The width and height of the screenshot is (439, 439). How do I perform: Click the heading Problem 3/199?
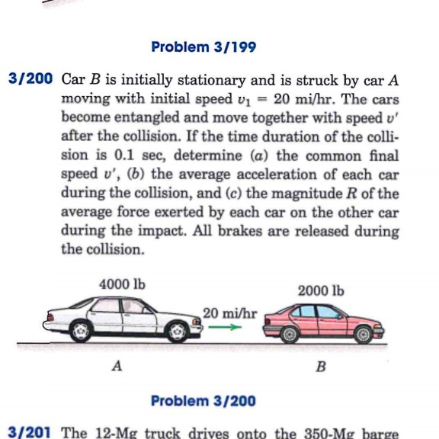(x=203, y=47)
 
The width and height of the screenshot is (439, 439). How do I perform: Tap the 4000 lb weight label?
(x=122, y=284)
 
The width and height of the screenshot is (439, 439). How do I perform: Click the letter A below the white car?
(x=117, y=367)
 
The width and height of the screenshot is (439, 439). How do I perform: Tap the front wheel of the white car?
(x=178, y=332)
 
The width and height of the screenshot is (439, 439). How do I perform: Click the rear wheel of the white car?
(x=79, y=332)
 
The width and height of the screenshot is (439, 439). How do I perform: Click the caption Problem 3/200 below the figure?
(x=203, y=401)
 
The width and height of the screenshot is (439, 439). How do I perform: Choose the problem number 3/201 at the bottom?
(x=28, y=433)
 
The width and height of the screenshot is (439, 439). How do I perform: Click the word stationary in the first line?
(x=194, y=79)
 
